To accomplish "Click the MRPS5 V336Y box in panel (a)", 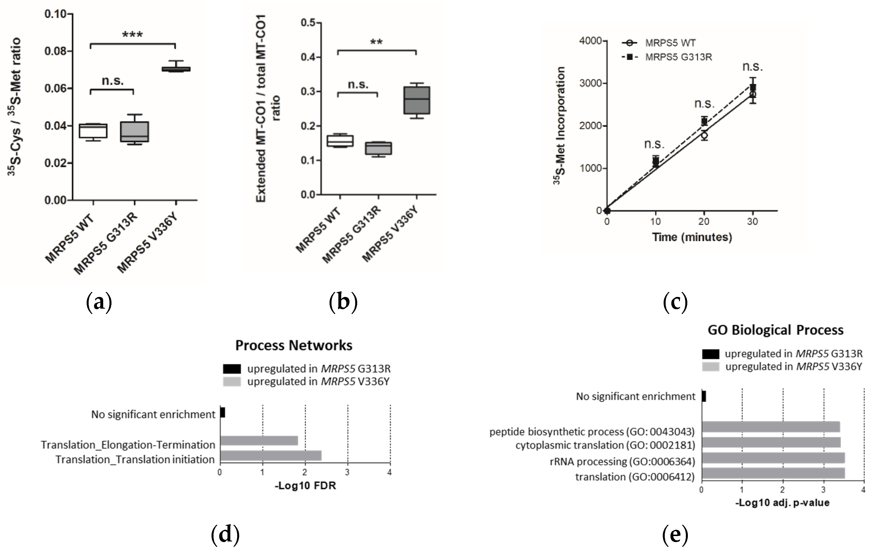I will click(176, 69).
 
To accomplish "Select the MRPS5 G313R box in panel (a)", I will click(135, 131).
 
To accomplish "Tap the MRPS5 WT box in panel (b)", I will click(340, 141).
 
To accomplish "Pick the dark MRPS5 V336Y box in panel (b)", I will click(416, 101).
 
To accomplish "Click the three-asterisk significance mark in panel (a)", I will click(132, 35).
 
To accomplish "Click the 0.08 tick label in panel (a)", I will click(56, 51).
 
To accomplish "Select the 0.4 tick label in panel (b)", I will click(308, 57).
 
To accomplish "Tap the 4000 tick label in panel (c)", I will click(590, 40).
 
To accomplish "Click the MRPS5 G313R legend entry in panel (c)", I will click(678, 57).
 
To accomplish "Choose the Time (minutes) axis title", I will click(692, 237).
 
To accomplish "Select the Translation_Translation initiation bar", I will click(271, 455).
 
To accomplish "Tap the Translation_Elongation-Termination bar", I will click(259, 441).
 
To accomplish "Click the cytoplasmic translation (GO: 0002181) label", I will click(605, 445).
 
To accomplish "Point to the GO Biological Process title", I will click(775, 330).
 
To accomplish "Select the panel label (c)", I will click(675, 302).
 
